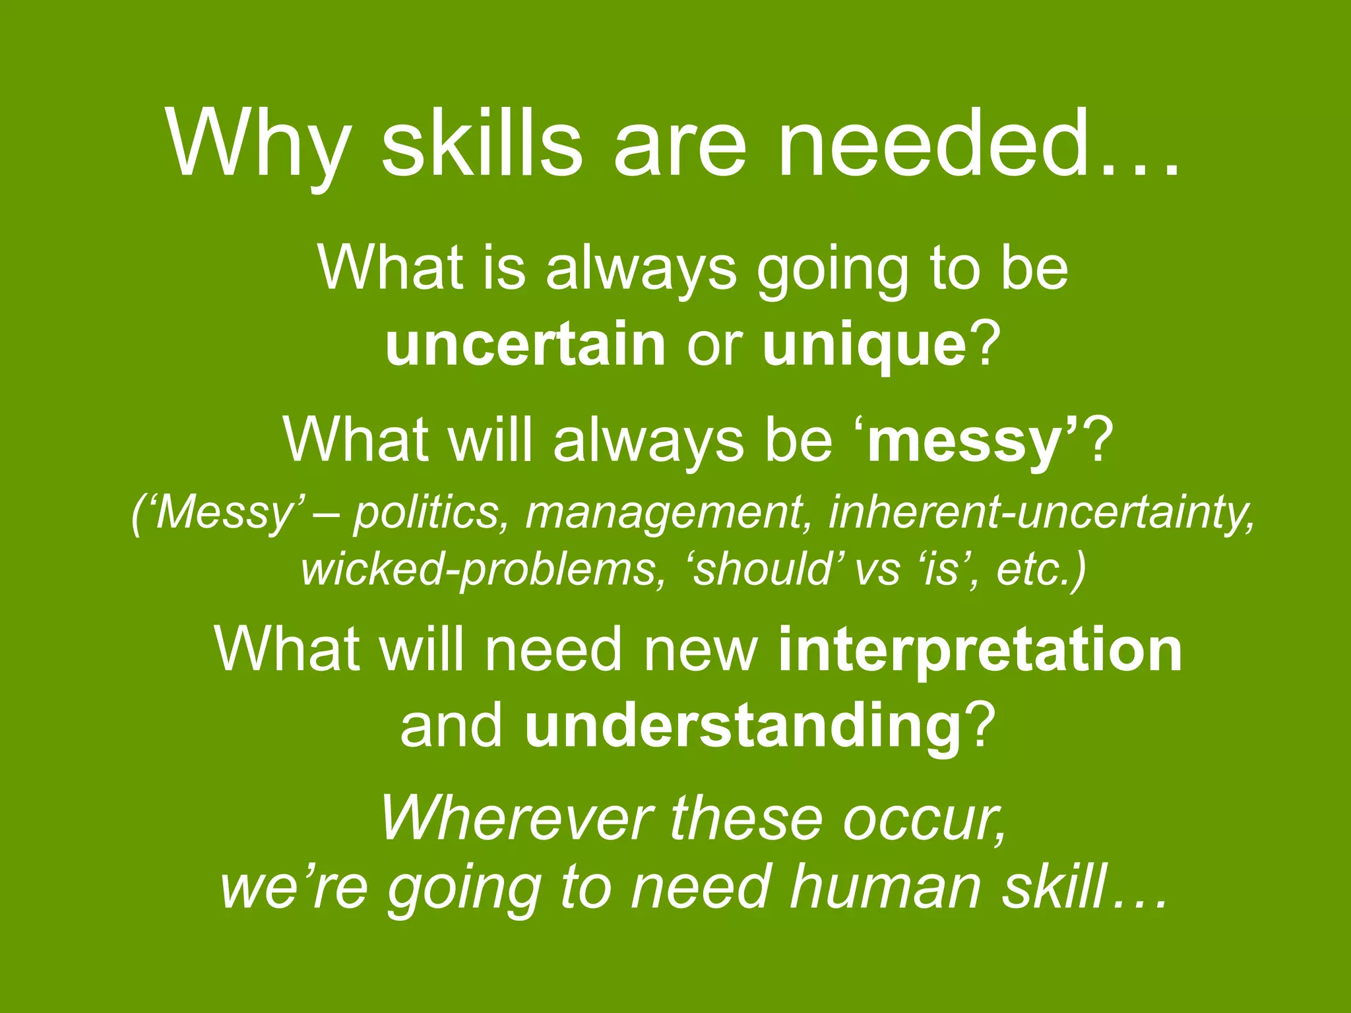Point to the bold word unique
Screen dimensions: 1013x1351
tap(864, 346)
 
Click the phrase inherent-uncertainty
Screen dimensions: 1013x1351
tap(1040, 512)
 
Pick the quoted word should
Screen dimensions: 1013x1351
tap(763, 568)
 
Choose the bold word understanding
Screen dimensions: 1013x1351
tap(743, 726)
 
